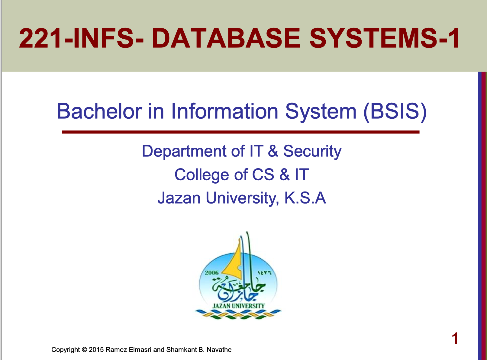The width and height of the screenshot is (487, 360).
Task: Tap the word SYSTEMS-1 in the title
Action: (384, 38)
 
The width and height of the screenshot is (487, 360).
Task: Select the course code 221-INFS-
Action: (81, 38)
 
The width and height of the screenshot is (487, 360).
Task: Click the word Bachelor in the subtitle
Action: (99, 111)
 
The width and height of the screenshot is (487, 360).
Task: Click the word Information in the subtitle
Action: (224, 111)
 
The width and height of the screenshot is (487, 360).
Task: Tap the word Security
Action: (312, 152)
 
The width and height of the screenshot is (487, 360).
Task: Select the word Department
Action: (184, 152)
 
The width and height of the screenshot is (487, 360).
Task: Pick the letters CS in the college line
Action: (263, 175)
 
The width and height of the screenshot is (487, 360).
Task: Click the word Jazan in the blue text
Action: (179, 198)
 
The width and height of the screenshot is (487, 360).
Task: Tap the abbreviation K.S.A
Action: (305, 198)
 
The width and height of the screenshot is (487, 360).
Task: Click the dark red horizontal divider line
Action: (241, 132)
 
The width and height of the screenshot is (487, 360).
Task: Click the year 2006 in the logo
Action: (212, 273)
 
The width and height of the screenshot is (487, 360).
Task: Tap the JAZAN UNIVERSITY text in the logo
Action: (238, 306)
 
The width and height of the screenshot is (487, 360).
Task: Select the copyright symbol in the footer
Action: (84, 349)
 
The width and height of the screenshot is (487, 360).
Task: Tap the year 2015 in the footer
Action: (96, 349)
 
